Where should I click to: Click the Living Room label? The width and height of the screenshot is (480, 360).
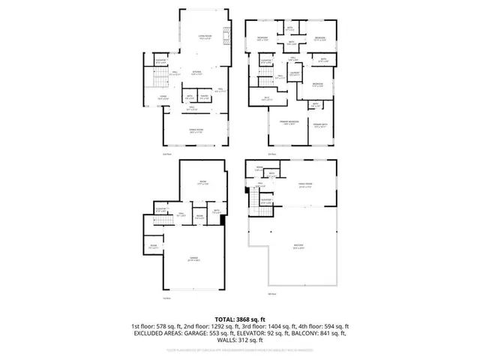coord(204,37)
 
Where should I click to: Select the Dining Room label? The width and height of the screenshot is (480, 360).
coord(195,131)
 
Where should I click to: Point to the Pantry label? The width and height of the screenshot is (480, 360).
coord(204,97)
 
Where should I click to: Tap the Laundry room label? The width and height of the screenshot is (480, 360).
coord(295,73)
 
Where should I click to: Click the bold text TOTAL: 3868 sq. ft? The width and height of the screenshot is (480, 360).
coord(239,319)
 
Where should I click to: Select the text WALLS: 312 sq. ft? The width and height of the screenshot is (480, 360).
coord(240,341)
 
